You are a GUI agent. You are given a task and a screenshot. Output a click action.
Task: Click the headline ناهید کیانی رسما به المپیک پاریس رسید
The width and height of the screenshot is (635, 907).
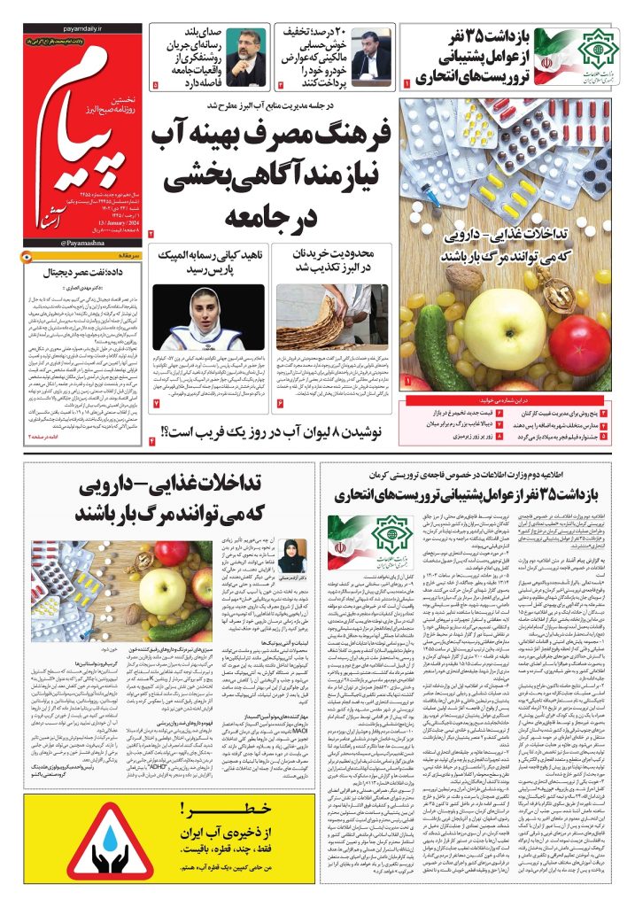[x=208, y=262]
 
